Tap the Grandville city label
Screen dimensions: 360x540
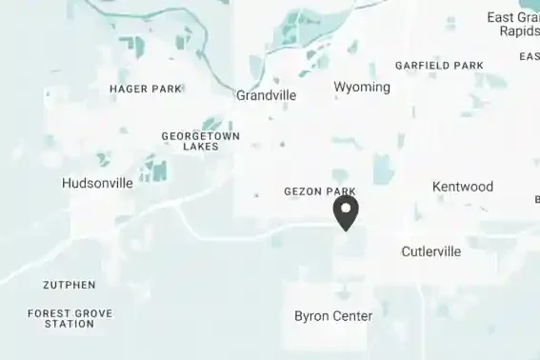coord(266,95)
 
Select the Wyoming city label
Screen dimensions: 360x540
coord(362,87)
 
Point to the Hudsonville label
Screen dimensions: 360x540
coord(97,183)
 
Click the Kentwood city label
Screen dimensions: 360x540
coord(463,187)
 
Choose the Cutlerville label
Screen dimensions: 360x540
coord(430,251)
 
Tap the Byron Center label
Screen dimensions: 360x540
coord(333,315)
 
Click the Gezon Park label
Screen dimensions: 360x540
coord(320,191)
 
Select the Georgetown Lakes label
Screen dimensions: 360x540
coord(200,141)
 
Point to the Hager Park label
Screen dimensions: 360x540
coord(146,89)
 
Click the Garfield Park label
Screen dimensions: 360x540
coord(439,66)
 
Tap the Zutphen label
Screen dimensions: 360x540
coord(69,285)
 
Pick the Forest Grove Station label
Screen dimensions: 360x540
coord(70,318)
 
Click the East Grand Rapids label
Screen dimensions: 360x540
coord(513,24)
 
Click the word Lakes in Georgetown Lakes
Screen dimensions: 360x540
coord(200,147)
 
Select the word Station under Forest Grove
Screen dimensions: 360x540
coord(70,324)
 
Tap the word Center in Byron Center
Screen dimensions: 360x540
coord(351,315)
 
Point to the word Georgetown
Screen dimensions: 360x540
coord(200,136)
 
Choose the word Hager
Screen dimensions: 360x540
coord(128,89)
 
